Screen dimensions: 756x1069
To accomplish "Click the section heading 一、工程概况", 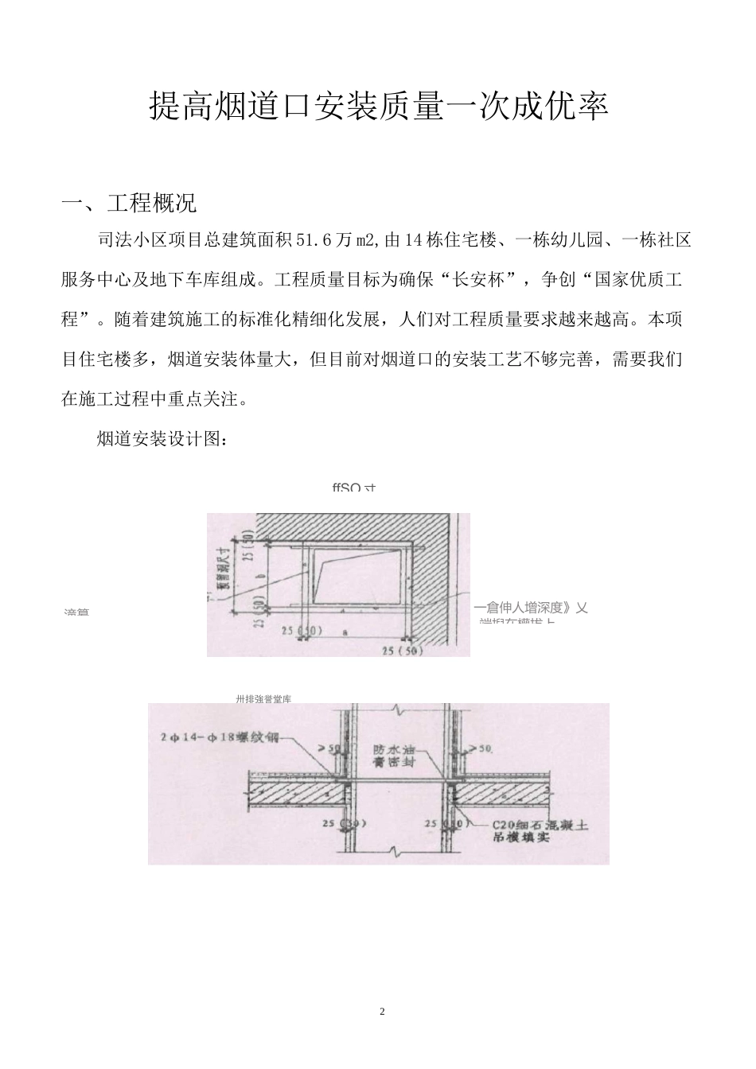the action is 129,204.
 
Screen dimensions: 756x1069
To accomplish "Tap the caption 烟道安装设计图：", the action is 162,439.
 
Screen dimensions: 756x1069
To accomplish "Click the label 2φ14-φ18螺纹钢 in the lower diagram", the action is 218,737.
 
